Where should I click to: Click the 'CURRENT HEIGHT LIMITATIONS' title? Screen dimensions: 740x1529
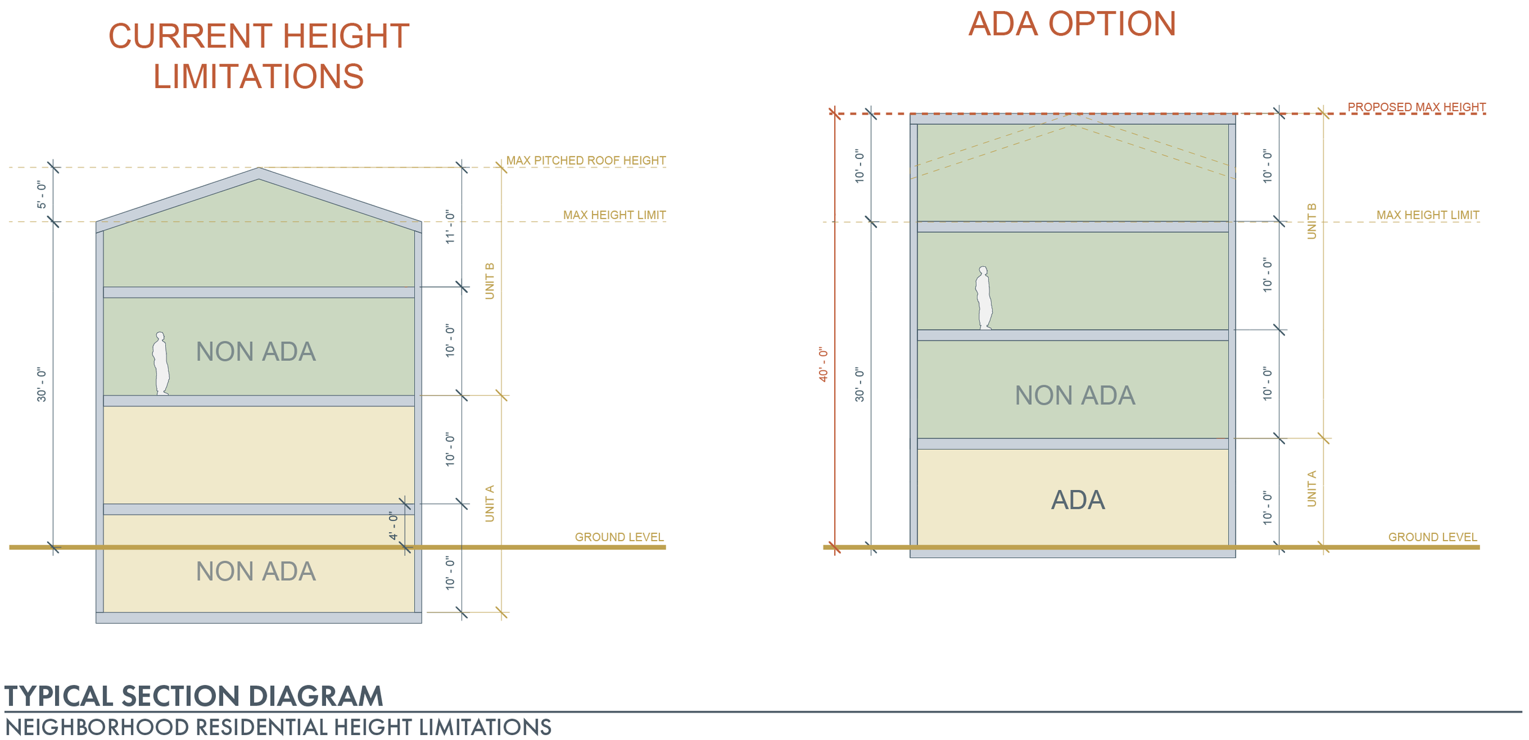click(x=258, y=56)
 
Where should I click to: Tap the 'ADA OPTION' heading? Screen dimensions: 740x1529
click(x=1072, y=24)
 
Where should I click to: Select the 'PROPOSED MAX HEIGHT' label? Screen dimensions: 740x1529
click(x=1416, y=107)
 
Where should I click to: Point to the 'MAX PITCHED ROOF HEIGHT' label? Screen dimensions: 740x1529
click(x=585, y=160)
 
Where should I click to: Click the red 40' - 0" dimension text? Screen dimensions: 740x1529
click(x=823, y=364)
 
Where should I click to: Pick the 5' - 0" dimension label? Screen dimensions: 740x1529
click(x=42, y=194)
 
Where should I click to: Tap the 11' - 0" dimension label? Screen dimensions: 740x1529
click(x=450, y=228)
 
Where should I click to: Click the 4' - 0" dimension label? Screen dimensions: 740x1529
click(x=393, y=526)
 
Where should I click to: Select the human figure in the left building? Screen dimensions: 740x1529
click(x=160, y=363)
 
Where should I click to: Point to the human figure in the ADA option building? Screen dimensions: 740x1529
click(x=983, y=298)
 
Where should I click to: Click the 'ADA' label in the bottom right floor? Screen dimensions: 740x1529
click(x=1078, y=500)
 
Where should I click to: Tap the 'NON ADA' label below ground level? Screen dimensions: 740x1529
click(x=256, y=571)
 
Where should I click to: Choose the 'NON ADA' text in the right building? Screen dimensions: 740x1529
click(x=1075, y=395)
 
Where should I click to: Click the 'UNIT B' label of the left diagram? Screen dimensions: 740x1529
click(x=489, y=281)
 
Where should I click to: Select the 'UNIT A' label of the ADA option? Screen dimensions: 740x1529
click(x=1311, y=488)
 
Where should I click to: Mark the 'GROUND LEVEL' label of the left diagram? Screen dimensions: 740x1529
click(x=619, y=537)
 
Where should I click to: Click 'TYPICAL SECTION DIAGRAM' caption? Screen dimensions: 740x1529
click(x=194, y=696)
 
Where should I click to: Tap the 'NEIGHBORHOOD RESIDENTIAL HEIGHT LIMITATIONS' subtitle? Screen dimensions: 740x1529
click(x=278, y=727)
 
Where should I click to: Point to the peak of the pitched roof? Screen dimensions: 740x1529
click(x=259, y=169)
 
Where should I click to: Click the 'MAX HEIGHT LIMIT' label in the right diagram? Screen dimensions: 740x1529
click(x=1427, y=215)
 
